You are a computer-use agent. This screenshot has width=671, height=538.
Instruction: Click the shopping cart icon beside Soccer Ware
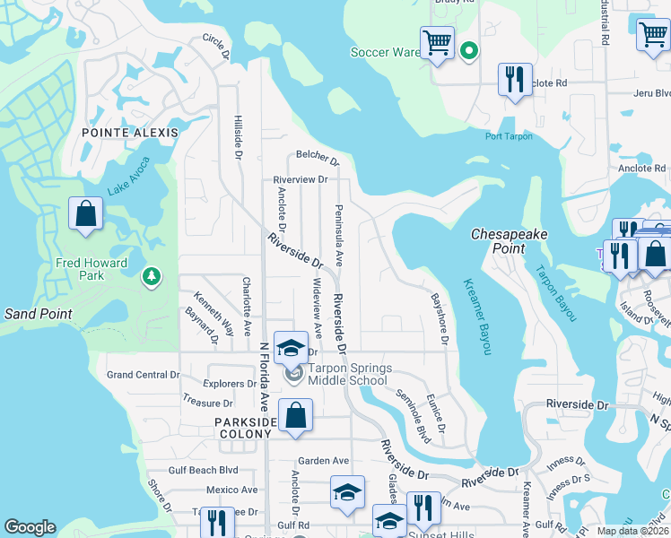pyautogui.click(x=437, y=43)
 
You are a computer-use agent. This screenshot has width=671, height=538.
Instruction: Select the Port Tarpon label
pyautogui.click(x=509, y=136)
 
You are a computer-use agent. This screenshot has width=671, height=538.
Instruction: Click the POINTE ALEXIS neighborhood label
pyautogui.click(x=130, y=132)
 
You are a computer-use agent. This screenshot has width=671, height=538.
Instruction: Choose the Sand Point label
pyautogui.click(x=38, y=314)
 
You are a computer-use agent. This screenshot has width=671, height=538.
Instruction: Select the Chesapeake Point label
pyautogui.click(x=510, y=240)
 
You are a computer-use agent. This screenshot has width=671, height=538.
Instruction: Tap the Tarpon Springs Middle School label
pyautogui.click(x=348, y=374)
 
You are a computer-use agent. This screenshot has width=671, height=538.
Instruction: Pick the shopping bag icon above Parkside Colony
pyautogui.click(x=295, y=415)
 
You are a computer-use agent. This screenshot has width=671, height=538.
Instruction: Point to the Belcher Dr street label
pyautogui.click(x=318, y=159)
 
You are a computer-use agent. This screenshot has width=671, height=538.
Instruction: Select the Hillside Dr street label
pyautogui.click(x=238, y=137)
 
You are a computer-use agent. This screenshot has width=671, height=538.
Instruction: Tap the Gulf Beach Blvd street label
pyautogui.click(x=204, y=470)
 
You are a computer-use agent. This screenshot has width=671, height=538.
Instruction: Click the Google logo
pyautogui.click(x=30, y=527)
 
